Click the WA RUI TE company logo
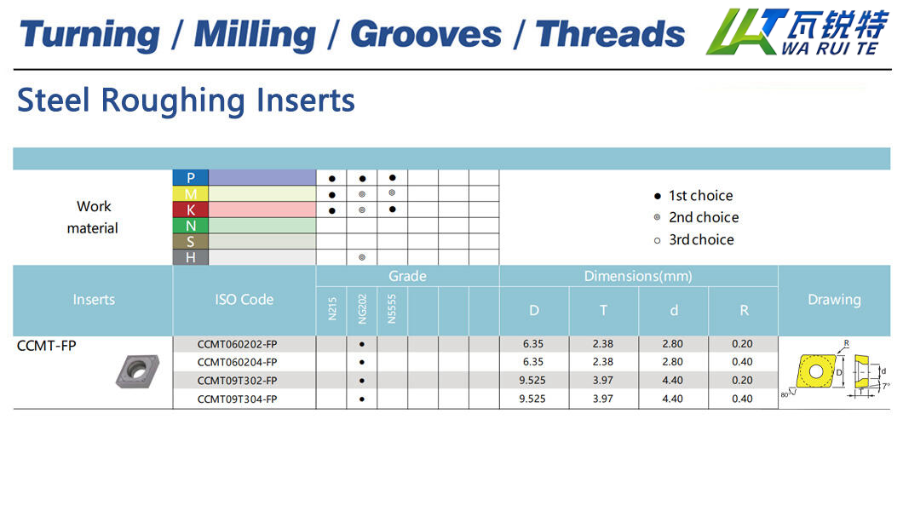(797, 32)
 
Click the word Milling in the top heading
(255, 35)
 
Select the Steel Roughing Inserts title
(186, 100)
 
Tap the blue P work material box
(191, 178)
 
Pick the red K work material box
(191, 210)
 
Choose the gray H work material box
(191, 257)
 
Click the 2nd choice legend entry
(696, 217)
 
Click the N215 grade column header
(331, 309)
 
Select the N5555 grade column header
(392, 309)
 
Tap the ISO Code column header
(244, 300)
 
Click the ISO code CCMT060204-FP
(238, 362)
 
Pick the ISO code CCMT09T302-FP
(238, 381)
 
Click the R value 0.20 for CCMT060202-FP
(742, 343)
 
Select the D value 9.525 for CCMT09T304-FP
(532, 399)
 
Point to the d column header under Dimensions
(674, 311)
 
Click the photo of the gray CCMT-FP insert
(138, 371)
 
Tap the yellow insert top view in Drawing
(816, 371)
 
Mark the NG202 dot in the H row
(362, 257)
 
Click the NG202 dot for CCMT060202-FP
(362, 344)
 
